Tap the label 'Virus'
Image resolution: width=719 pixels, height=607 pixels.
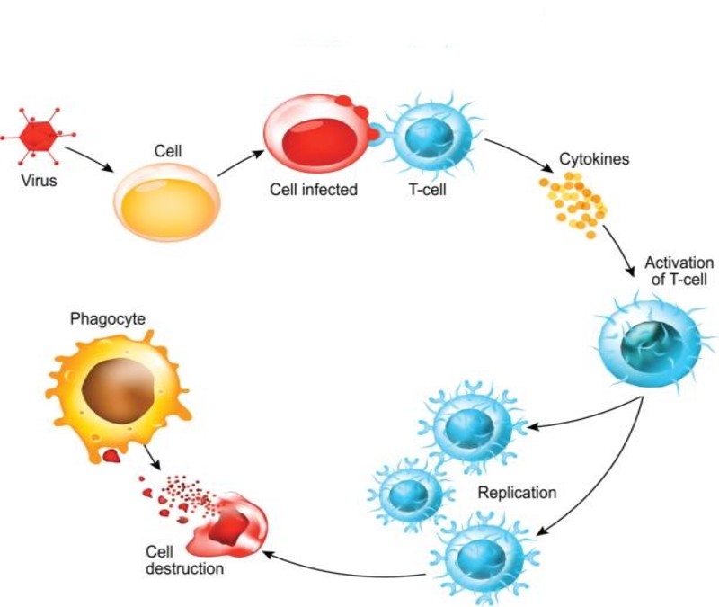coord(38,181)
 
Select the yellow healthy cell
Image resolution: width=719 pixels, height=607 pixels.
coord(167,201)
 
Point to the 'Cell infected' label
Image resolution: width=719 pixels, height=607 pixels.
coord(314,190)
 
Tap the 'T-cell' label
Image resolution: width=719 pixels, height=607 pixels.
coord(427,190)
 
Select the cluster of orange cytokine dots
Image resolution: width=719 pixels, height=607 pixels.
coord(573,203)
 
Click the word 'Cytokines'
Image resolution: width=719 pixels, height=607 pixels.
coord(594,159)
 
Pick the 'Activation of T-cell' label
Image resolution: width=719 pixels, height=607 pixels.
coord(678,271)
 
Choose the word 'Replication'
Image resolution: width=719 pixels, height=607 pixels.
coord(517,493)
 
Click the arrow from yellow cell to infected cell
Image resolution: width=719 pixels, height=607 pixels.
coord(239,161)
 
